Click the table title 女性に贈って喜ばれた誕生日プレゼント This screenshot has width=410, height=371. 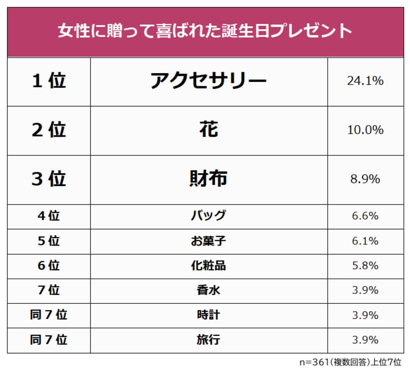pos(205,30)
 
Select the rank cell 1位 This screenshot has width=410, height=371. pos(48,81)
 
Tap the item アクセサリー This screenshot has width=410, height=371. pos(208,81)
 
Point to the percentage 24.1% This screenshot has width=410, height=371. pos(365,81)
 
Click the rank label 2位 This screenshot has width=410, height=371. pos(48,130)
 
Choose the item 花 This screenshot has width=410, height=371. pos(209,130)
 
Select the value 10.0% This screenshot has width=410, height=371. pos(365,130)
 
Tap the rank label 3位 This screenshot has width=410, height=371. pos(48,179)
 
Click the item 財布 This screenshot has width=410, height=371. pos(208,179)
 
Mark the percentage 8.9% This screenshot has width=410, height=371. pos(365,179)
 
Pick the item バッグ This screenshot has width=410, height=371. pos(208,216)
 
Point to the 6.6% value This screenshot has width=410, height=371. pos(365,216)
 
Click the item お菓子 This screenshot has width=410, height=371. pos(208,241)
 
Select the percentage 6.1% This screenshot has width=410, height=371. pos(365,241)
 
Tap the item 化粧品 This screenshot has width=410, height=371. pos(208,265)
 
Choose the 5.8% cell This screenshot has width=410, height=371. pos(365,265)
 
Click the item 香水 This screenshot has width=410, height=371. pos(208,290)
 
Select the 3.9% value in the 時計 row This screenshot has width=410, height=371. pos(365,315)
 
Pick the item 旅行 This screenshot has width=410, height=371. pos(208,339)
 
